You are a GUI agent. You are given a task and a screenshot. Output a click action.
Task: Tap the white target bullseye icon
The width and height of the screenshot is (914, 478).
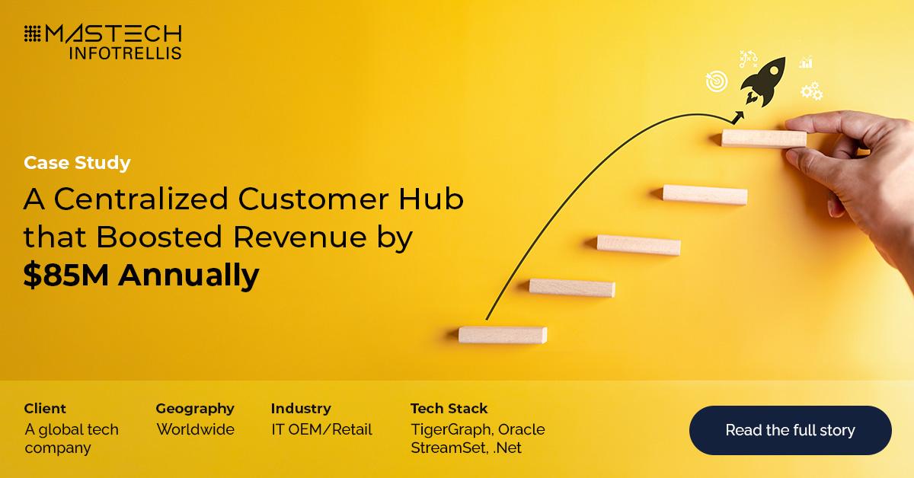pyautogui.click(x=716, y=81)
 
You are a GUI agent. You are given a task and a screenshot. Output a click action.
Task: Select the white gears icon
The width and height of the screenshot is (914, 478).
pyautogui.click(x=811, y=91)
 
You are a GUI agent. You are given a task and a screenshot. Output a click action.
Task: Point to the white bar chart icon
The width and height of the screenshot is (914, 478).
pyautogui.click(x=805, y=62)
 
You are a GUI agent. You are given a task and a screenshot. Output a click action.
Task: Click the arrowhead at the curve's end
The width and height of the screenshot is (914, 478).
pyautogui.click(x=738, y=116)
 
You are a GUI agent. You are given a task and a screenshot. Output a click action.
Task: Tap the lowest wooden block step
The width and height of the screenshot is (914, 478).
pyautogui.click(x=502, y=335)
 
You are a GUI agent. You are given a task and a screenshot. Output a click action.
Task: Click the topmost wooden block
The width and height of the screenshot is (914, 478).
pyautogui.click(x=763, y=138)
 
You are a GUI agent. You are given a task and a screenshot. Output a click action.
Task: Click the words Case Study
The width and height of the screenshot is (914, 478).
pyautogui.click(x=77, y=163)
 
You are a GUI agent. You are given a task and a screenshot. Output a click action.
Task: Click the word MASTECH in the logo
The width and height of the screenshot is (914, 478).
pyautogui.click(x=114, y=33)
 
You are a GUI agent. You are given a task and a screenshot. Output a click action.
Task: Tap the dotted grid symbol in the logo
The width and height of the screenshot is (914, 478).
pyautogui.click(x=32, y=34)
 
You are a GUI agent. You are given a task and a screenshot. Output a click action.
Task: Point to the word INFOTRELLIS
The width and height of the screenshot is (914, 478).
pyautogui.click(x=125, y=53)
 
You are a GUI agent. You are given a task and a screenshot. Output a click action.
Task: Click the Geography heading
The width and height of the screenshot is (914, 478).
pyautogui.click(x=195, y=409)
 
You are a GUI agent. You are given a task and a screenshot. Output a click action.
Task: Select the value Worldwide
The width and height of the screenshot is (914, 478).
pyautogui.click(x=196, y=429)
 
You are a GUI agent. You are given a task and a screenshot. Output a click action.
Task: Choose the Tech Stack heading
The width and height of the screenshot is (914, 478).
pyautogui.click(x=449, y=409)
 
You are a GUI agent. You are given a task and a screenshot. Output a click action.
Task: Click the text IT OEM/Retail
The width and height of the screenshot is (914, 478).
pyautogui.click(x=321, y=429)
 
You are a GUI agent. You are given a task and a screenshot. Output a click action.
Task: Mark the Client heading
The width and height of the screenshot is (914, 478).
pyautogui.click(x=45, y=409)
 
